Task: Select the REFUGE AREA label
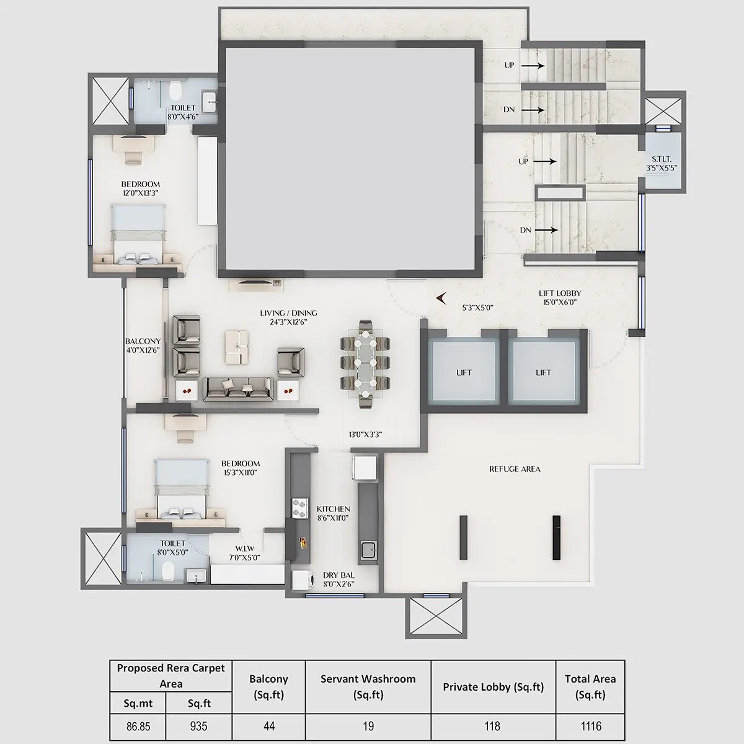tap(514, 469)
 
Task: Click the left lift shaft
tap(464, 372)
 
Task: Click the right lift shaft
tap(543, 372)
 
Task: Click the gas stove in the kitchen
tap(300, 508)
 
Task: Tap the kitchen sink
tap(368, 548)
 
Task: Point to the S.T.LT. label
tap(660, 162)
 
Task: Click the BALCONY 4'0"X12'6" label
tap(143, 345)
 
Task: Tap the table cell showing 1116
tap(590, 726)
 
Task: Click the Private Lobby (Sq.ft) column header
tap(493, 686)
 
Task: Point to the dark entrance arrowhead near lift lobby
tap(441, 299)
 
